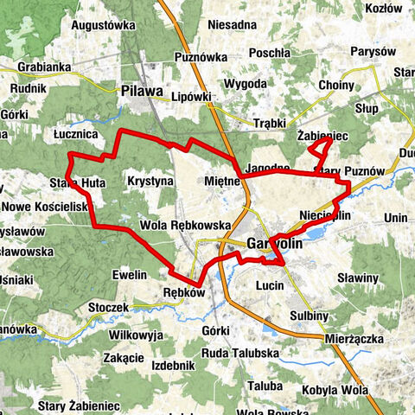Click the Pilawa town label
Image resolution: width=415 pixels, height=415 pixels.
(x=143, y=88)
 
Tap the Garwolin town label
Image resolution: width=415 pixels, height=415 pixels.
(x=274, y=245)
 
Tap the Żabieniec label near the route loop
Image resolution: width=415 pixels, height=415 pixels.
(x=322, y=136)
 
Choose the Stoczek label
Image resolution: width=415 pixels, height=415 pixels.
(x=107, y=307)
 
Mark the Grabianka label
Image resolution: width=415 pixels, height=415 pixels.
(x=41, y=66)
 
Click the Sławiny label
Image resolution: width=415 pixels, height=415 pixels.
(x=358, y=278)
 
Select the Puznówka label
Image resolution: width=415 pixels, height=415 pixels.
(x=199, y=57)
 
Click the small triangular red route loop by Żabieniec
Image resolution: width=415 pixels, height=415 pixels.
(x=318, y=152)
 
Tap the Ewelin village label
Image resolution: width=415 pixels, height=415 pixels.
(x=130, y=274)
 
